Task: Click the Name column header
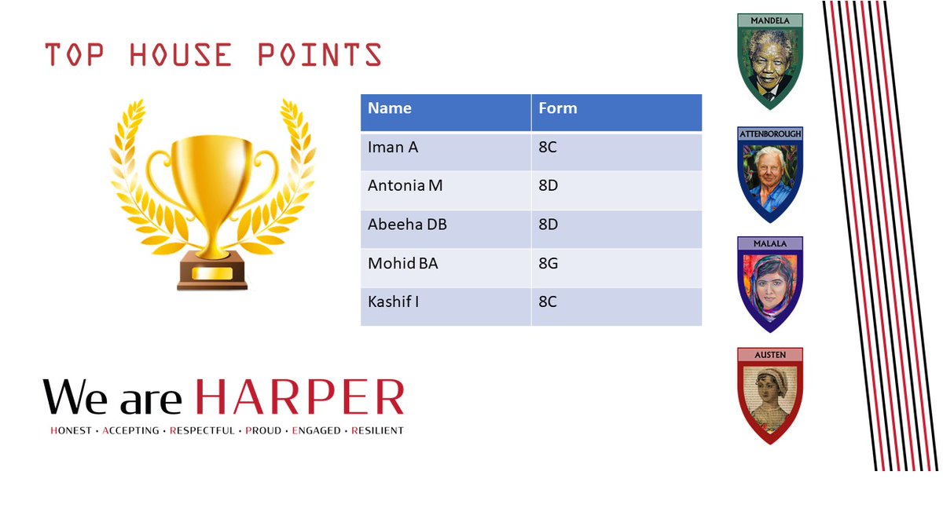[390, 108]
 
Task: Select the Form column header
[558, 108]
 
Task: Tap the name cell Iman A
[393, 147]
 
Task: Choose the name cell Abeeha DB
[407, 225]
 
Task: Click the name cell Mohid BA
[403, 264]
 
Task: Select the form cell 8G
[549, 264]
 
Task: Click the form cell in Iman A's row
[548, 147]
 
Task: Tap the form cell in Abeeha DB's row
[549, 225]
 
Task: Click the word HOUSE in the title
[181, 55]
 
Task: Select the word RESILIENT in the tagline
[377, 430]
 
